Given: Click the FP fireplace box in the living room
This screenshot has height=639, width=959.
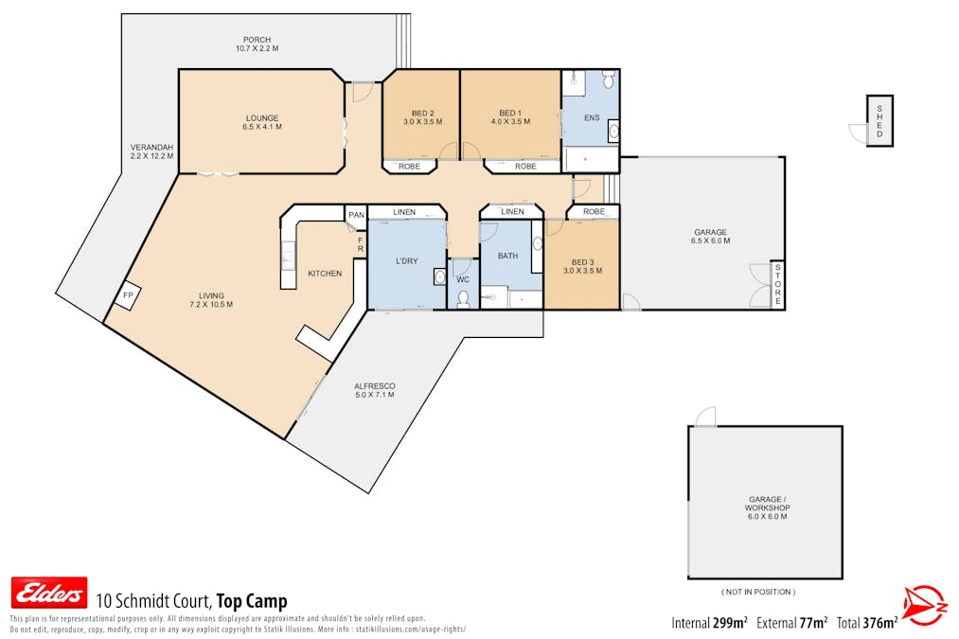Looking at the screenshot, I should [x=127, y=296].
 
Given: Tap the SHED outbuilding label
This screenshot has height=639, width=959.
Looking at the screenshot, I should [x=879, y=121].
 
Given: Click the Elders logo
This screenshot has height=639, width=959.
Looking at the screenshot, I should [x=48, y=594].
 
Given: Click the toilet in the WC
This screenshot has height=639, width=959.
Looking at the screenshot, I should [x=463, y=299].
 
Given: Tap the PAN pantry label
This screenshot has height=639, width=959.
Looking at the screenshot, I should [x=356, y=215].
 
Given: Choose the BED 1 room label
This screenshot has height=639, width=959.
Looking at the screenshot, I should [x=510, y=116].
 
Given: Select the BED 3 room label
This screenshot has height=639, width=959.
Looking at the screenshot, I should [x=582, y=266].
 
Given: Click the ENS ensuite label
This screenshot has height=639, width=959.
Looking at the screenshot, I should [x=593, y=117].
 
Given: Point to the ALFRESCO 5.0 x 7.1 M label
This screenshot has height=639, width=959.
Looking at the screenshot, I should [x=374, y=390].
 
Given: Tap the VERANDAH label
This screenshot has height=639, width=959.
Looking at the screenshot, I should [x=151, y=151].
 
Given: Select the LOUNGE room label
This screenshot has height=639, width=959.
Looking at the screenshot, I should [x=261, y=122].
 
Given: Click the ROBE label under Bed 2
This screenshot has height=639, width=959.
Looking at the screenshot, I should [x=409, y=167].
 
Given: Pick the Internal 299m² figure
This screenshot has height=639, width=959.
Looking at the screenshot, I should [x=709, y=622].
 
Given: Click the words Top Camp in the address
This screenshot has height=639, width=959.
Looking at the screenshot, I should [x=251, y=601].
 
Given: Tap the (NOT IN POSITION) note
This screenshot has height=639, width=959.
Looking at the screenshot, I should [x=757, y=592].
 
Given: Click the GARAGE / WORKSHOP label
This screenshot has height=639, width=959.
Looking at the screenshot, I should [x=767, y=507].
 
